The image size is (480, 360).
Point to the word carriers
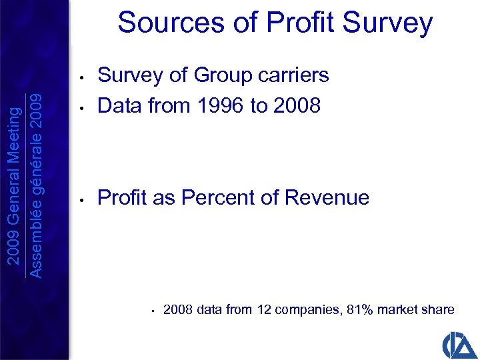(x=296, y=75)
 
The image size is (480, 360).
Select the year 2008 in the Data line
(x=296, y=105)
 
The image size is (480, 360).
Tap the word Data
(x=121, y=105)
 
